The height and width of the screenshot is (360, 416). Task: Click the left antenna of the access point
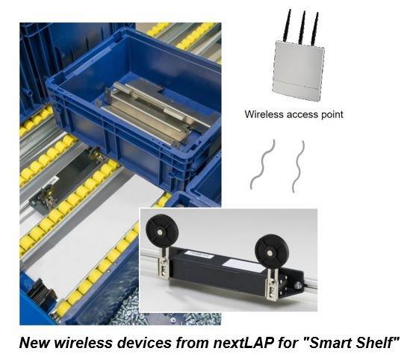click(287, 25)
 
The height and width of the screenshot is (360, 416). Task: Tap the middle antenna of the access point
click(302, 28)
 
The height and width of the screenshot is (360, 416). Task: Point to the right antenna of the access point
click(315, 29)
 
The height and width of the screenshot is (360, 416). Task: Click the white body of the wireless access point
click(298, 70)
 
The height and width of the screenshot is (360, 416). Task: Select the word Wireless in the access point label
click(264, 114)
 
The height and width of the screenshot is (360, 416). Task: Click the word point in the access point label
click(332, 115)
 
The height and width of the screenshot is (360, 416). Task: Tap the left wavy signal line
click(262, 164)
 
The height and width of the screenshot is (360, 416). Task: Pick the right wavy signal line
click(299, 167)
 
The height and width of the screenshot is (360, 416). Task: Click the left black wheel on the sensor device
click(159, 232)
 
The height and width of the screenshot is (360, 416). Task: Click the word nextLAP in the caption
click(243, 343)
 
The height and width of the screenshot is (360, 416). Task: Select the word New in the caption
click(34, 343)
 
